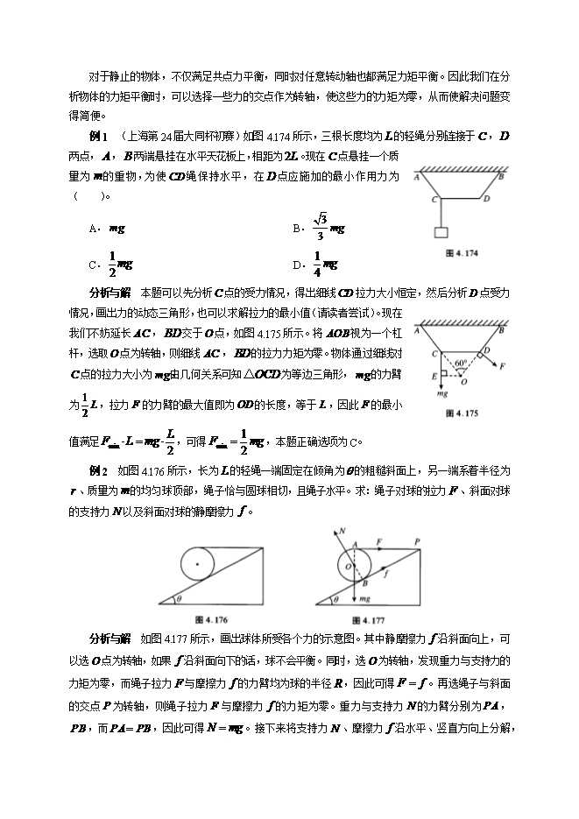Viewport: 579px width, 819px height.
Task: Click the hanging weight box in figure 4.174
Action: pos(440,233)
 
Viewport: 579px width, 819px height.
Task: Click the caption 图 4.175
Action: pos(461,412)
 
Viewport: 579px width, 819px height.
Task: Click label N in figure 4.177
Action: pos(342,532)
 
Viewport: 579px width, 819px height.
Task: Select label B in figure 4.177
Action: pos(366,581)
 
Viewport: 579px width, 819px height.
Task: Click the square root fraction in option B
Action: pos(320,228)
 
